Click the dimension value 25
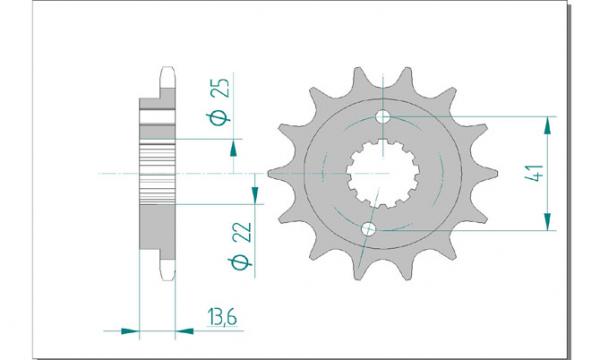click(x=221, y=88)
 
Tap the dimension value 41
click(x=534, y=173)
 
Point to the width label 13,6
click(x=222, y=317)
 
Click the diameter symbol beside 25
click(x=220, y=118)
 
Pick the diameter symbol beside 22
click(x=241, y=262)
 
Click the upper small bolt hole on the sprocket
click(x=383, y=117)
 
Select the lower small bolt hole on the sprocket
click(x=368, y=229)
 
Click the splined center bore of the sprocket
click(x=383, y=173)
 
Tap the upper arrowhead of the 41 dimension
click(x=548, y=125)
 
